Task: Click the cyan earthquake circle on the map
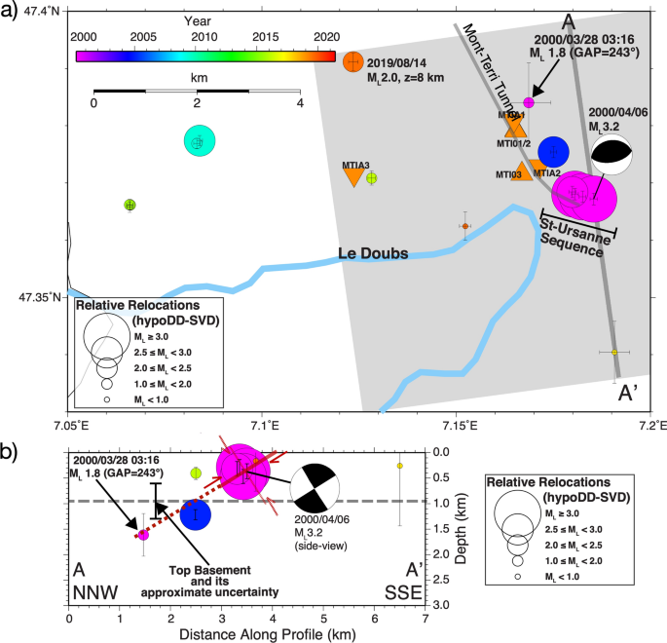[199, 141]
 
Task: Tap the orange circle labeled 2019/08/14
[352, 61]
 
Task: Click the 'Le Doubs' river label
[372, 253]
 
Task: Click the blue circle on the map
[553, 151]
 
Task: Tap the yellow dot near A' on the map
[614, 352]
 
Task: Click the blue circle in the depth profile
[196, 513]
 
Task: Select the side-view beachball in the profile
[314, 487]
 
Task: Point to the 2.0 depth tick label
[438, 553]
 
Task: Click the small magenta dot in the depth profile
[143, 534]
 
